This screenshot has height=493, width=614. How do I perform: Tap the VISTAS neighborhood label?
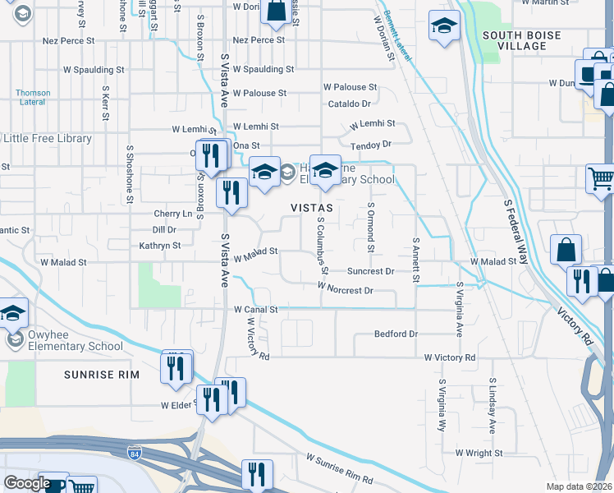point(311,208)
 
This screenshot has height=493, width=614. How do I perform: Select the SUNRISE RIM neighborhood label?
point(103,375)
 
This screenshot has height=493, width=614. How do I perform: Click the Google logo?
point(26,483)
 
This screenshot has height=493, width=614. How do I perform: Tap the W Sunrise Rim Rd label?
point(339,468)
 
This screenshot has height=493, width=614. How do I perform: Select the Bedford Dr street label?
point(396,334)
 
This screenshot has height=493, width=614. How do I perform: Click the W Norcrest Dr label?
point(346,290)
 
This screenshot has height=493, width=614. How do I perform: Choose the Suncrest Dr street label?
point(370,270)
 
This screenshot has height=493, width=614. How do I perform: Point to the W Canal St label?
point(256,310)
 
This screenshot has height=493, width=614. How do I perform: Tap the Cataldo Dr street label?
point(350,104)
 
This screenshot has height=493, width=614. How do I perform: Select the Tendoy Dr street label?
point(372,145)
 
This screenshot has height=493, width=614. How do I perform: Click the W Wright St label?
point(480,453)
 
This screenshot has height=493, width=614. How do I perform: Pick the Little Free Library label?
point(48,139)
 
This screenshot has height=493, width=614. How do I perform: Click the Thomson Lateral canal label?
point(33,98)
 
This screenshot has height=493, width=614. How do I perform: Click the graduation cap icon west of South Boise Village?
point(443,27)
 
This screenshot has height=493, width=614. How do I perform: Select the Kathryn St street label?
point(159,245)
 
